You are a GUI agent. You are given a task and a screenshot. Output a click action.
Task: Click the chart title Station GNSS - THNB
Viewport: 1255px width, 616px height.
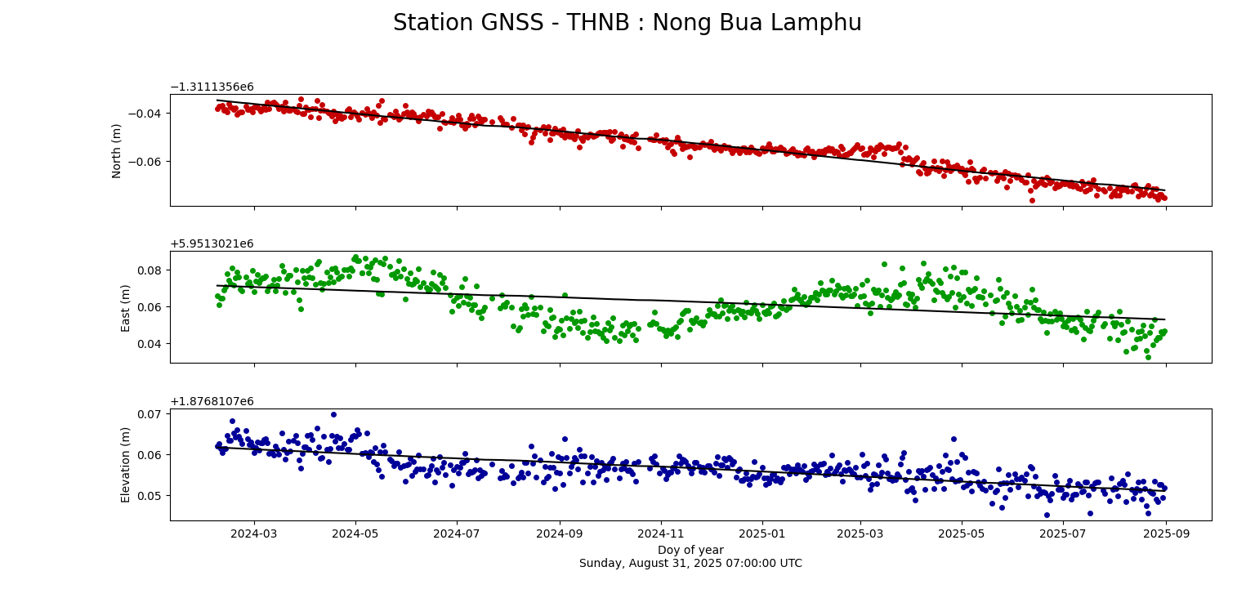627,23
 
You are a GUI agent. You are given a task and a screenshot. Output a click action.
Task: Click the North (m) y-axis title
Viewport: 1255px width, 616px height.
117,150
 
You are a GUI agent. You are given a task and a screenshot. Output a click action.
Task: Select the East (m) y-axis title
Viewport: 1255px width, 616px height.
126,307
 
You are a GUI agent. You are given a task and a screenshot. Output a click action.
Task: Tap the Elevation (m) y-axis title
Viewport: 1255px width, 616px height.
126,464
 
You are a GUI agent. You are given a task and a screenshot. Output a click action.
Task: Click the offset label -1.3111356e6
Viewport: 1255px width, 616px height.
212,87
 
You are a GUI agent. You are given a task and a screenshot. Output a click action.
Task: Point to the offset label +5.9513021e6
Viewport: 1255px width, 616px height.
212,244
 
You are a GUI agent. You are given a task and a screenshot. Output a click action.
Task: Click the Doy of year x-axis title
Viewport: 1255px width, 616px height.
690,550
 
